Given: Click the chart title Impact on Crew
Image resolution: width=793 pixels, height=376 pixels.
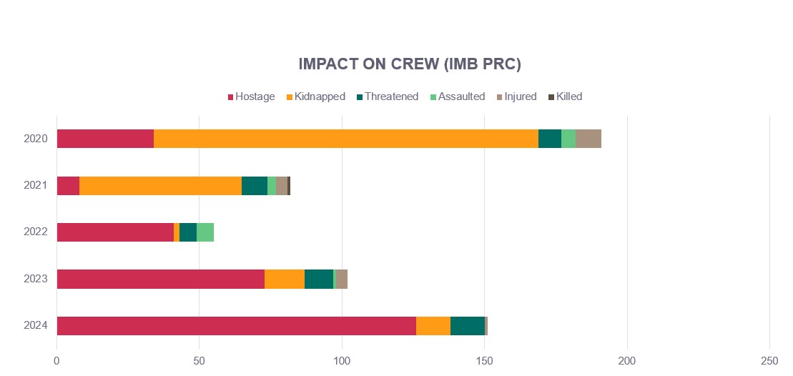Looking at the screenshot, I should pos(410,64).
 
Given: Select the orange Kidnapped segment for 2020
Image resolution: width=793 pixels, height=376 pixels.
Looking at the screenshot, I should pos(346,139).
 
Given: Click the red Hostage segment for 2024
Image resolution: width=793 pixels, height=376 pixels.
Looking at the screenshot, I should pos(236,326).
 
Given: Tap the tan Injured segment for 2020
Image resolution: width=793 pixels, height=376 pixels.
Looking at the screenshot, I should pos(588,139).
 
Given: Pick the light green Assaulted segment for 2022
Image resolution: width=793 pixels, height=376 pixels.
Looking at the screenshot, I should pos(205,232).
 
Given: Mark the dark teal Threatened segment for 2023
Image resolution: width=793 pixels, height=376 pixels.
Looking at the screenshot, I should pos(319,279).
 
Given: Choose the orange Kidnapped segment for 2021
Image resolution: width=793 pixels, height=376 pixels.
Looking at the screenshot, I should pos(160,185).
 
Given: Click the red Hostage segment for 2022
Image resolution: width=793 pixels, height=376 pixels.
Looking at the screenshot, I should pos(115,232).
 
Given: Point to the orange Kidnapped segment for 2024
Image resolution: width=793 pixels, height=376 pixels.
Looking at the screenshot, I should pos(433,326).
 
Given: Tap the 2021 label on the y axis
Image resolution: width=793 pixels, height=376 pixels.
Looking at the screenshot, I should pos(36,185).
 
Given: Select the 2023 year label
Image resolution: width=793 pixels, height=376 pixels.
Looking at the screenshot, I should pos(36,278).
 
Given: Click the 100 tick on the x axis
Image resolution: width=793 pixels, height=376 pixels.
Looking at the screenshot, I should pos(342,361).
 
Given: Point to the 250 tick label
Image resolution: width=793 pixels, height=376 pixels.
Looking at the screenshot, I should pos(769,361).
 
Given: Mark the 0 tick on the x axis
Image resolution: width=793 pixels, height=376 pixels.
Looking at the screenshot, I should pos(57,361).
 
